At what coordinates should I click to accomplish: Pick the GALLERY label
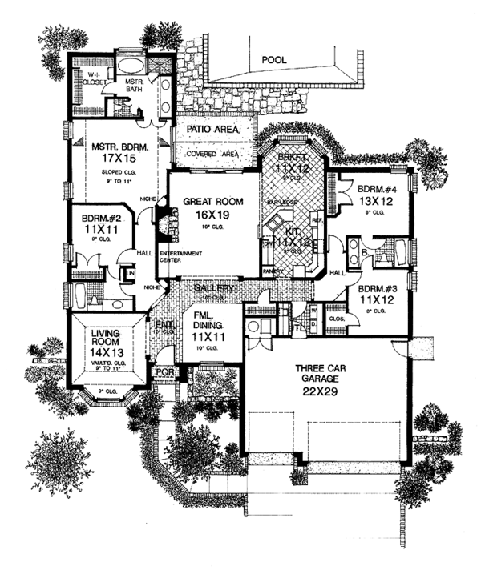click(212, 288)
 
